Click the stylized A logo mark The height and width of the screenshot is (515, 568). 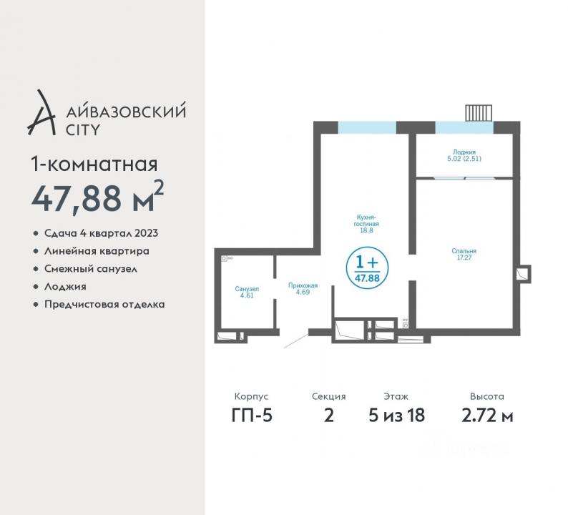pyautogui.click(x=41, y=112)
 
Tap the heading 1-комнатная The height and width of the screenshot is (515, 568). pyautogui.click(x=94, y=165)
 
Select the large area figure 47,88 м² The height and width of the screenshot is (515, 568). pyautogui.click(x=97, y=197)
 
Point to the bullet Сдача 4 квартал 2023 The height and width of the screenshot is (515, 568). pyautogui.click(x=101, y=233)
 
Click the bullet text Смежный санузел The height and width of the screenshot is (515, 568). pyautogui.click(x=91, y=269)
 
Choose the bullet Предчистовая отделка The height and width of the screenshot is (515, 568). pyautogui.click(x=104, y=304)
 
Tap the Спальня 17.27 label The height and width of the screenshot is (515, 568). pyautogui.click(x=464, y=254)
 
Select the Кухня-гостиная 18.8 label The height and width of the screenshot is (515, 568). pyautogui.click(x=366, y=223)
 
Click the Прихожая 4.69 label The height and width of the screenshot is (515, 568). pyautogui.click(x=303, y=289)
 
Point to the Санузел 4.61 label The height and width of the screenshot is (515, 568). pyautogui.click(x=247, y=292)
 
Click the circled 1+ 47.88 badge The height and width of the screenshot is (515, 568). pyautogui.click(x=367, y=268)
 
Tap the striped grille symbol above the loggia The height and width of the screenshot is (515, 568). pyautogui.click(x=479, y=113)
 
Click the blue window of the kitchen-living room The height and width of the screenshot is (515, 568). pyautogui.click(x=367, y=127)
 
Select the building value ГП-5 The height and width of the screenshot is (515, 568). pyautogui.click(x=252, y=416)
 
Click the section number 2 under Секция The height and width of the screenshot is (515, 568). pyautogui.click(x=329, y=416)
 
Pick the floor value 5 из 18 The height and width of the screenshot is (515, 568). pyautogui.click(x=396, y=416)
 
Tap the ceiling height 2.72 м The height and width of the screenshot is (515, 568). pyautogui.click(x=487, y=416)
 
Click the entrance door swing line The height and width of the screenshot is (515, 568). pyautogui.click(x=295, y=341)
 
